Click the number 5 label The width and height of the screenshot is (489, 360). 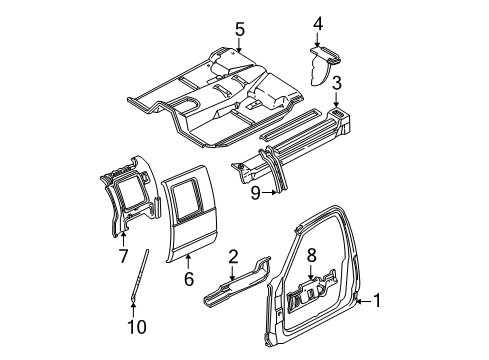click(240, 29)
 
